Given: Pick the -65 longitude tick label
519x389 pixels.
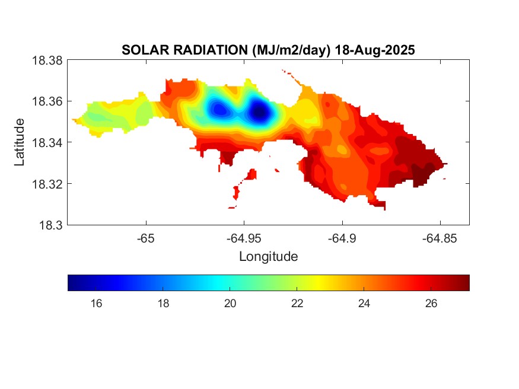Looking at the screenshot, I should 145,238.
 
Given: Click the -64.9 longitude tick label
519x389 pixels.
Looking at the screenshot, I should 342,238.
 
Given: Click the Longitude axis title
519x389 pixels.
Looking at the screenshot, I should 268,257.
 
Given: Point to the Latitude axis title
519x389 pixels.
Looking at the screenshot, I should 20,142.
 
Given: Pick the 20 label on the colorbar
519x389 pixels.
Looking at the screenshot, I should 230,304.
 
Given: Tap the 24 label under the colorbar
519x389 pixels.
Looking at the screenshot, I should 364,304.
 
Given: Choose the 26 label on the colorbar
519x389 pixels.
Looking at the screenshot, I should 431,304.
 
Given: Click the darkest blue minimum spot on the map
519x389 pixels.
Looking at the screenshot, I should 259,111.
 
